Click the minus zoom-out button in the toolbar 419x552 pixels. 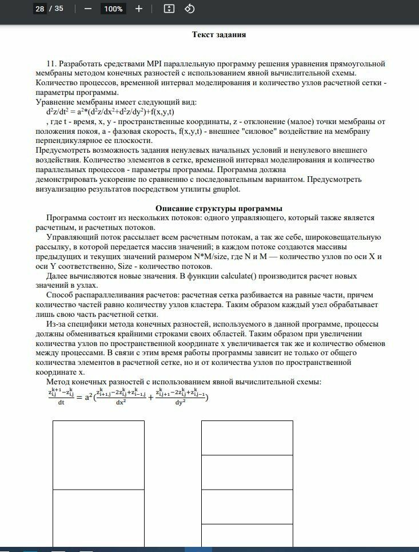coord(87,9)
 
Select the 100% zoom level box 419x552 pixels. coord(113,9)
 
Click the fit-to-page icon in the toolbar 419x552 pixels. coord(169,9)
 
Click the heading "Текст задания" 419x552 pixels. coord(219,34)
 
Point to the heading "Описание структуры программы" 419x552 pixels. coord(219,209)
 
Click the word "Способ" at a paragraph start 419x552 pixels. coord(59,296)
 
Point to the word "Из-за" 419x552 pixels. coord(57,324)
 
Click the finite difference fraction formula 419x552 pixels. coord(128,395)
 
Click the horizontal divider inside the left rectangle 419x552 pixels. coord(98,490)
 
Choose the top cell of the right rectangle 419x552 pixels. coord(247,438)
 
